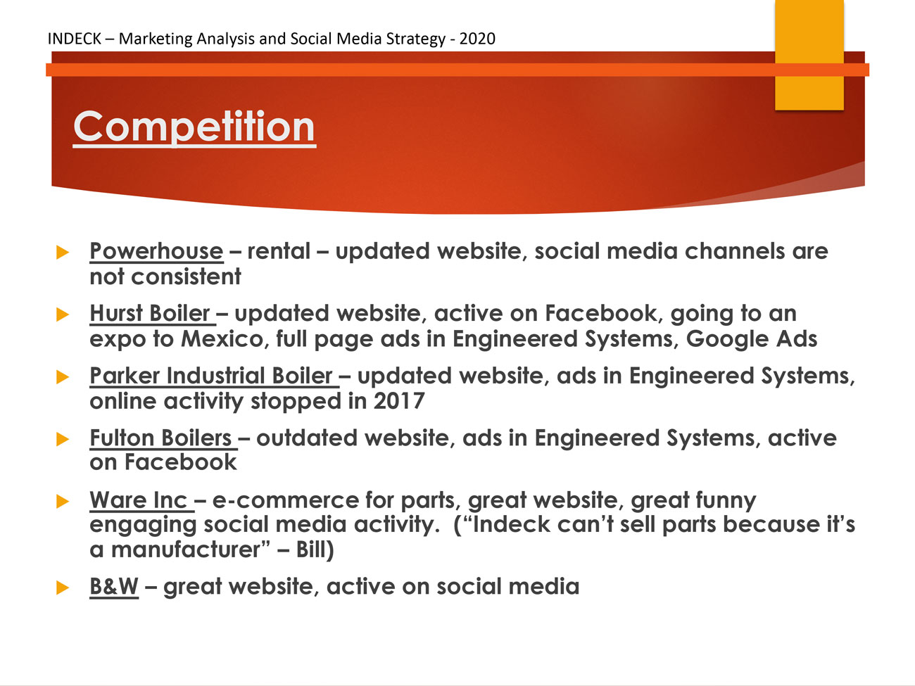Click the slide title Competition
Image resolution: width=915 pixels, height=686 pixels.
[x=194, y=127]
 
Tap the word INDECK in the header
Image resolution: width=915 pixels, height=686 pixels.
[x=74, y=39]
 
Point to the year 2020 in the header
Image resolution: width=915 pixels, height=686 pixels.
[x=477, y=39]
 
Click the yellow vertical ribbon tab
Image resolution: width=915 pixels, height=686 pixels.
[x=809, y=55]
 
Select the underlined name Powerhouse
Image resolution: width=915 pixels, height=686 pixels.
[x=157, y=252]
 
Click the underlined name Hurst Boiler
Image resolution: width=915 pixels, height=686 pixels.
[x=150, y=313]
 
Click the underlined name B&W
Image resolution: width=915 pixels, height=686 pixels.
[x=114, y=587]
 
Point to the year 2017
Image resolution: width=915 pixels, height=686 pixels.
[x=399, y=401]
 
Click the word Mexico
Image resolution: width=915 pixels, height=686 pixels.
[x=222, y=339]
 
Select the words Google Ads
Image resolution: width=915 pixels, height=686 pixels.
[x=752, y=339]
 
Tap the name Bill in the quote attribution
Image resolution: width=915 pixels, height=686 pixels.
[x=311, y=550]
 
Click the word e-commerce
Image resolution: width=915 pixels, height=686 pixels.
[x=286, y=501]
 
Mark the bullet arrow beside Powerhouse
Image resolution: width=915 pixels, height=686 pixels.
[x=62, y=253]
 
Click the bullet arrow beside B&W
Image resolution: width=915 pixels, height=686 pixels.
[x=62, y=587]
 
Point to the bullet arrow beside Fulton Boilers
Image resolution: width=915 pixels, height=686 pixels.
[x=62, y=439]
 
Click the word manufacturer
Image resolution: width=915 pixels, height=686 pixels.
[x=186, y=550]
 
